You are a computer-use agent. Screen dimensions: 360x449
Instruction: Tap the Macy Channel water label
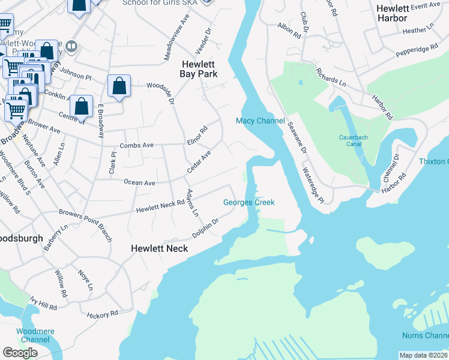260,121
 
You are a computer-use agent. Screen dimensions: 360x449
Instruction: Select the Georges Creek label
249,202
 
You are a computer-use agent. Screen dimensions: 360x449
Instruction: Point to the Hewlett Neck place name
160,248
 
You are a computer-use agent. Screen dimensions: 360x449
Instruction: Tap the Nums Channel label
426,335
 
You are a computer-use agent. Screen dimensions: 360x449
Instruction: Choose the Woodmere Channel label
34,335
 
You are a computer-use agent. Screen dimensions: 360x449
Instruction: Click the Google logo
20,353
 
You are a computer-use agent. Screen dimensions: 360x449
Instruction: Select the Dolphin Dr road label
205,229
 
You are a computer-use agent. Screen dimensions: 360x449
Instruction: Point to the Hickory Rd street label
102,314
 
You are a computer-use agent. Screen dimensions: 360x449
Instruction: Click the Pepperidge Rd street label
417,51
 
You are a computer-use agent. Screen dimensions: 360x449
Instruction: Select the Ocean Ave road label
139,182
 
